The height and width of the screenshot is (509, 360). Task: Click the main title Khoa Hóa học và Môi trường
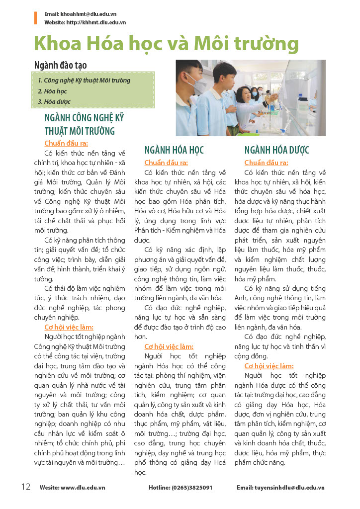[x=166, y=44]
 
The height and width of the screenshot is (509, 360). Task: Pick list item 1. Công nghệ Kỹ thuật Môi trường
[x=84, y=80]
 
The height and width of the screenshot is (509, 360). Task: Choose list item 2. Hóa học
[x=52, y=91]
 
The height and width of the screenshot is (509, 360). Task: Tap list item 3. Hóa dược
[x=54, y=102]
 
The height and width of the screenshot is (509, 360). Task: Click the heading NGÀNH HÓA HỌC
[x=174, y=150]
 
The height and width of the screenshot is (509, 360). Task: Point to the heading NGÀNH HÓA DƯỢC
[x=276, y=150]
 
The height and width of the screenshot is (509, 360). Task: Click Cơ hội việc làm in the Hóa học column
[x=169, y=346]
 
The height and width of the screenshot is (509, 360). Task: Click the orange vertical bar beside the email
[x=35, y=17]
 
